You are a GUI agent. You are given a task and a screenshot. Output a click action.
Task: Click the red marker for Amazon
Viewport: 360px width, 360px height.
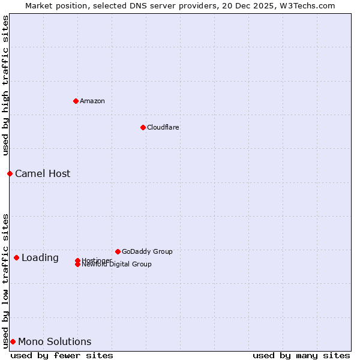pyautogui.click(x=76, y=101)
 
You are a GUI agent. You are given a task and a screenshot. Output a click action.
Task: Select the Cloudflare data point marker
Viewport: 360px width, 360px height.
pyautogui.click(x=143, y=127)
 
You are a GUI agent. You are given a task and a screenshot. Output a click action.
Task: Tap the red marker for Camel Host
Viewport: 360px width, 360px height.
pyautogui.click(x=10, y=173)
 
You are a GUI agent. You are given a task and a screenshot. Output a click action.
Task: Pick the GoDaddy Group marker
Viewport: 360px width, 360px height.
pyautogui.click(x=118, y=251)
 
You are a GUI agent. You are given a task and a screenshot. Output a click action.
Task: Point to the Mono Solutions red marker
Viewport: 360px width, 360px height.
pyautogui.click(x=13, y=341)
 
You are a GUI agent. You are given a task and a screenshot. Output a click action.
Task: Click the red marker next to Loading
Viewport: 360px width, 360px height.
pyautogui.click(x=16, y=257)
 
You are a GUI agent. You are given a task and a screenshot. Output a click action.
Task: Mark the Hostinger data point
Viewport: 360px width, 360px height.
pyautogui.click(x=77, y=260)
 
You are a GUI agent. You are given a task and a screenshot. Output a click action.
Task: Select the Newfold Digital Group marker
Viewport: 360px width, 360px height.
pyautogui.click(x=77, y=264)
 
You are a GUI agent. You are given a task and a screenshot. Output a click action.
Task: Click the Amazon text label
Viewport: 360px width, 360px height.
pyautogui.click(x=92, y=101)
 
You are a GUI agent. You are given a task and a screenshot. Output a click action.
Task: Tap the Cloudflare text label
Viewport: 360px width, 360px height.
pyautogui.click(x=163, y=127)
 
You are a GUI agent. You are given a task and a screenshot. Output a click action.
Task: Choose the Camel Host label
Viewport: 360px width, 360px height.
pyautogui.click(x=43, y=173)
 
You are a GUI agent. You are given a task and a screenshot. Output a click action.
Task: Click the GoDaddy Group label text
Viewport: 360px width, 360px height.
pyautogui.click(x=147, y=251)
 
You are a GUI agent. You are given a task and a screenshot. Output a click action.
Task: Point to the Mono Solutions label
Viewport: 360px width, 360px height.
pyautogui.click(x=55, y=341)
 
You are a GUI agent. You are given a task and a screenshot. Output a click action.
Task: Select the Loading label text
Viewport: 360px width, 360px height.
pyautogui.click(x=40, y=257)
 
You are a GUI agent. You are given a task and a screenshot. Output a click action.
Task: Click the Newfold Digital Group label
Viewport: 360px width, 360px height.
pyautogui.click(x=117, y=265)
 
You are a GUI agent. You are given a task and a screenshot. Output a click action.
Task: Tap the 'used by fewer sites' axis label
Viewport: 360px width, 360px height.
pyautogui.click(x=62, y=355)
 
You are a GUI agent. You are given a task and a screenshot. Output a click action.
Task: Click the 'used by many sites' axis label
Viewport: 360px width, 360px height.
pyautogui.click(x=301, y=355)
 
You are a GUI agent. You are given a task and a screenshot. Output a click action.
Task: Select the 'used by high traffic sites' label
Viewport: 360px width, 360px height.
pyautogui.click(x=5, y=85)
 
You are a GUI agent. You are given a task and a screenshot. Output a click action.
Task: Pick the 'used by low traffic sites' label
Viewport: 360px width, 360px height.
pyautogui.click(x=5, y=280)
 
